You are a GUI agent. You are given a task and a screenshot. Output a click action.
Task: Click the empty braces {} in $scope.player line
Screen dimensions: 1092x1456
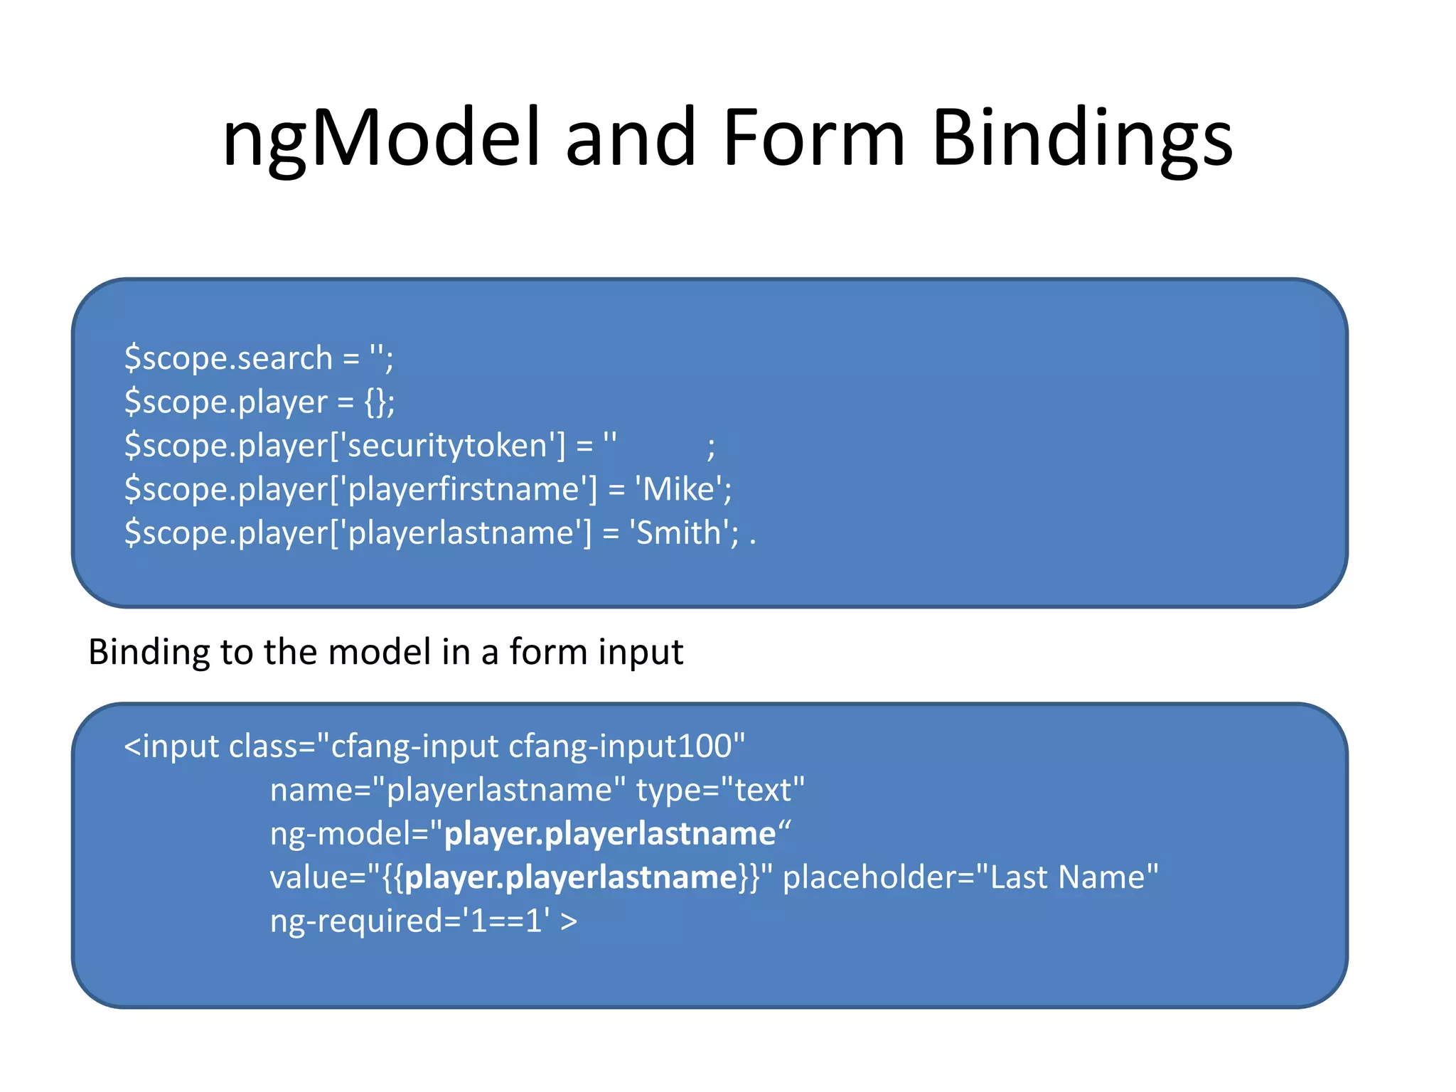(375, 402)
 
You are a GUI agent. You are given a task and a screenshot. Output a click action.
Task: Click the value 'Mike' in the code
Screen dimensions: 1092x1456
(679, 490)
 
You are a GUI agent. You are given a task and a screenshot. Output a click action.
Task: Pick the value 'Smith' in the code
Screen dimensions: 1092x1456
(680, 533)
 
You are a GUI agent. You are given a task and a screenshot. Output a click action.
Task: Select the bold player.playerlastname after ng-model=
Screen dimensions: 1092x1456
(609, 834)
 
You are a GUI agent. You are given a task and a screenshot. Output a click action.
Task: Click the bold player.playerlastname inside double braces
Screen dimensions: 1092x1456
(571, 877)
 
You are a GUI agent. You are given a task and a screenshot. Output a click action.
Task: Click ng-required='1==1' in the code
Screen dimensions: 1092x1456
(409, 921)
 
